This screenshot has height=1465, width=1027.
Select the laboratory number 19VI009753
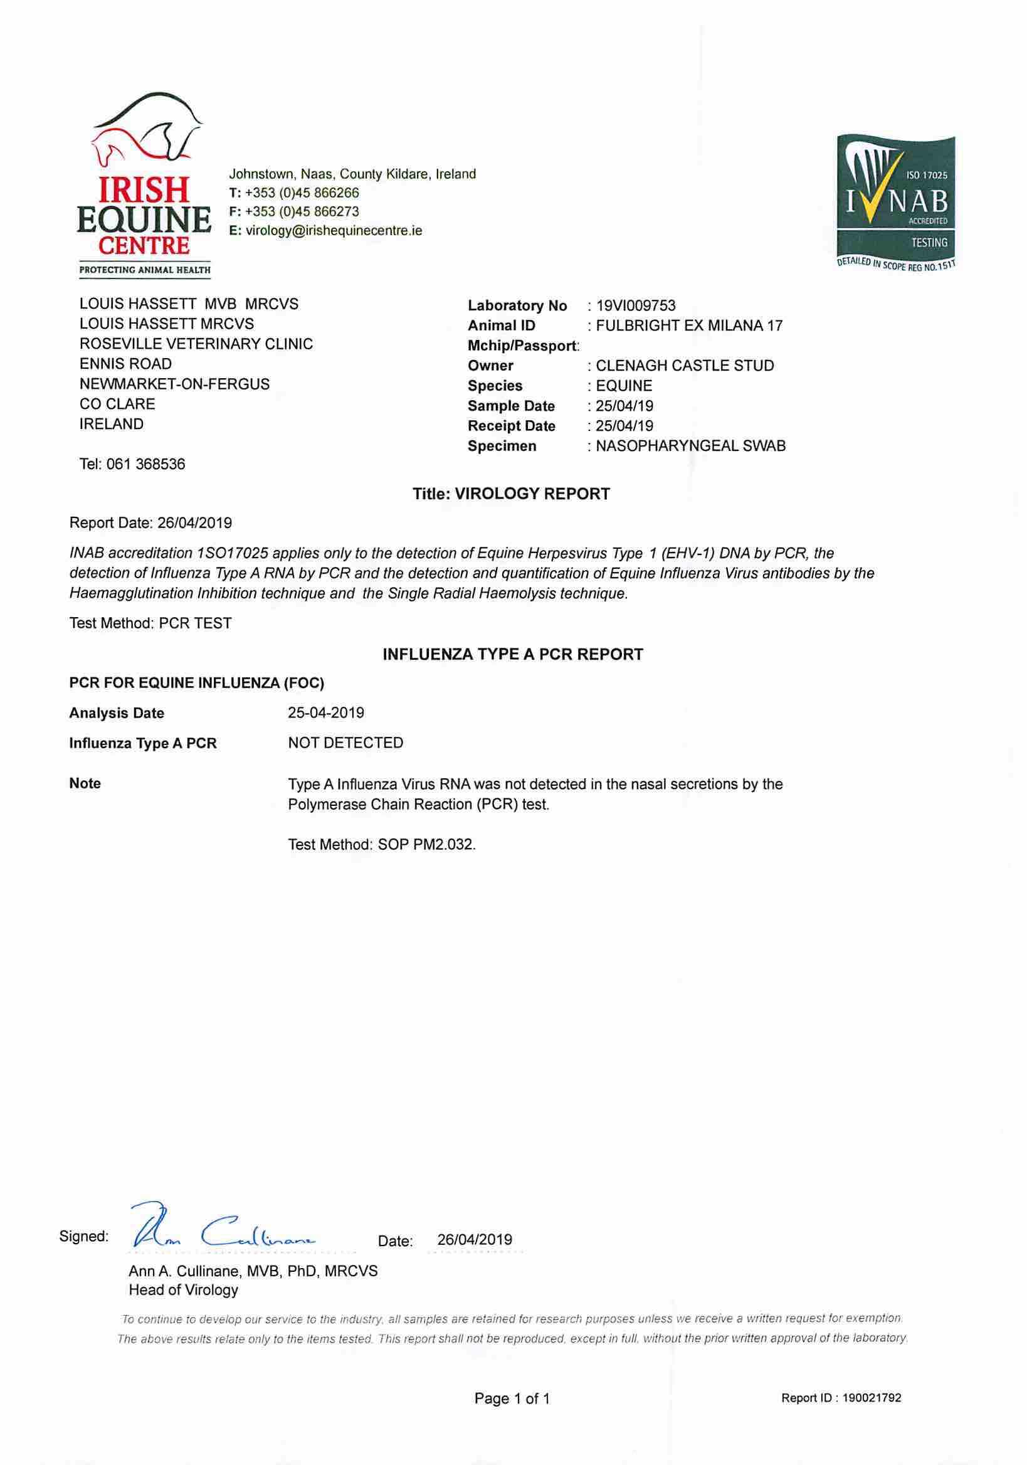point(635,305)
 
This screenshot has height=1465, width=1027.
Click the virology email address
point(334,230)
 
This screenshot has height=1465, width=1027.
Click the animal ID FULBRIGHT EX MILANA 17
point(688,325)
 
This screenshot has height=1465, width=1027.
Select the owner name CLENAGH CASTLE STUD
point(685,366)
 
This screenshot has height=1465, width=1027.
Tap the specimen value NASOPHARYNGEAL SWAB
point(690,446)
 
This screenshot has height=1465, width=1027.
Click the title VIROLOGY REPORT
point(511,494)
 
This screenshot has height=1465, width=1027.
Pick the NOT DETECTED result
point(345,743)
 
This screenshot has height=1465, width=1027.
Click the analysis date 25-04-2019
point(326,712)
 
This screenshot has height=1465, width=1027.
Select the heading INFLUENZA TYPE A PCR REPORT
point(512,654)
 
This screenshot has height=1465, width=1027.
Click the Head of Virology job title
point(183,1289)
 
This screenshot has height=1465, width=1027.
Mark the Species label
point(494,386)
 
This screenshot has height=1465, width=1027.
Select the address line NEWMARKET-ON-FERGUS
point(174,384)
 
